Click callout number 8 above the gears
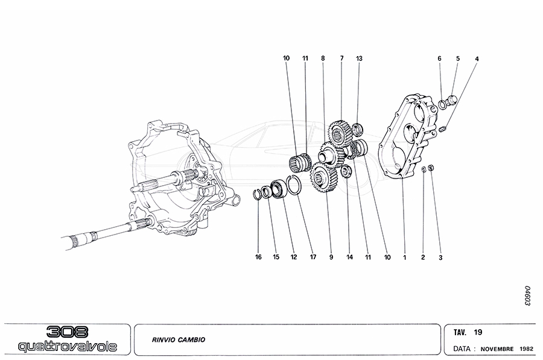pyautogui.click(x=323, y=58)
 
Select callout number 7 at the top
pyautogui.click(x=341, y=58)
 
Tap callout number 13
pyautogui.click(x=360, y=58)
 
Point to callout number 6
pyautogui.click(x=440, y=58)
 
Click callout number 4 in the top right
pyautogui.click(x=477, y=58)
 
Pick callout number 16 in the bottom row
pyautogui.click(x=258, y=257)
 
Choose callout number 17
pyautogui.click(x=313, y=257)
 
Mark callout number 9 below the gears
pyautogui.click(x=331, y=257)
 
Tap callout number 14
pyautogui.click(x=349, y=257)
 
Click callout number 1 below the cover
pyautogui.click(x=405, y=257)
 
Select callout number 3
pyautogui.click(x=440, y=257)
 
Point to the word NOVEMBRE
pyautogui.click(x=497, y=349)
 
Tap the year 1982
pyautogui.click(x=526, y=349)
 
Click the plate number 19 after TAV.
pyautogui.click(x=478, y=332)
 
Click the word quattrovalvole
pyautogui.click(x=68, y=347)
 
